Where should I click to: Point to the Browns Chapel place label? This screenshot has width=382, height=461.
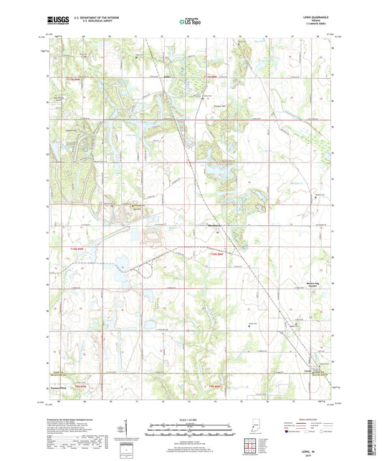point(306,283)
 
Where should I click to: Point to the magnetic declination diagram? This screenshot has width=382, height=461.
point(122,424)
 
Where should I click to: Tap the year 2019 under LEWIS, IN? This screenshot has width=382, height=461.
point(314,450)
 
